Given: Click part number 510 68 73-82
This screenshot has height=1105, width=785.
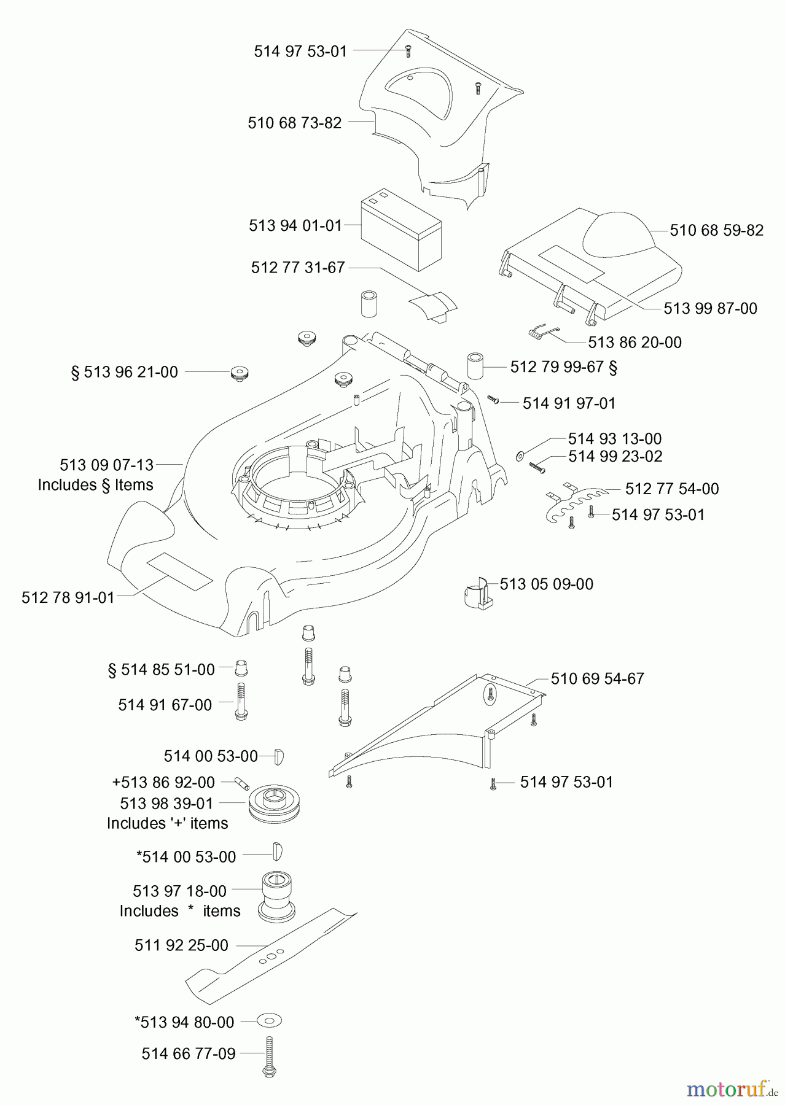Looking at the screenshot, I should [294, 123].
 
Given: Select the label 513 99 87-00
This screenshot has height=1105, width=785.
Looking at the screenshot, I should [710, 308].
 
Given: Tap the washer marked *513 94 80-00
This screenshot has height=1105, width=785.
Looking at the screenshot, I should [270, 1022].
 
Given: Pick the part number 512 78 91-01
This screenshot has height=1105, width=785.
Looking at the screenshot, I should [68, 597].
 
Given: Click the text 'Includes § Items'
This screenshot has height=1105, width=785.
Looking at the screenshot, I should [95, 485].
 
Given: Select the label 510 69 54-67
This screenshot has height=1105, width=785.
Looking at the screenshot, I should [597, 678].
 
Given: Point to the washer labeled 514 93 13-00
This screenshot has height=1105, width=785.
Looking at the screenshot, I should [521, 456].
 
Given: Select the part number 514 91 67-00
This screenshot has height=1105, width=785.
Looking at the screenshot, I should [165, 705].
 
